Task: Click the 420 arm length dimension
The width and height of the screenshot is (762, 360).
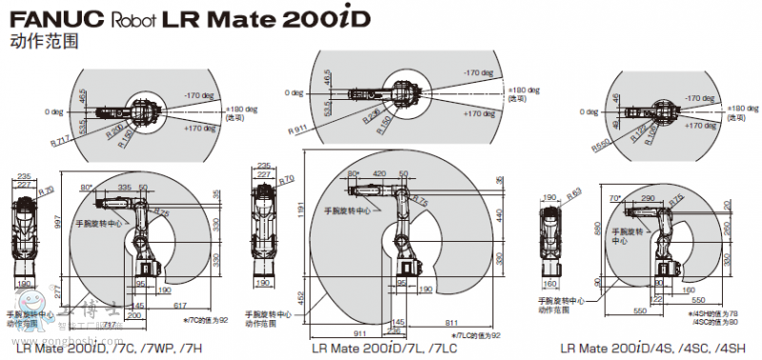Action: tap(380, 174)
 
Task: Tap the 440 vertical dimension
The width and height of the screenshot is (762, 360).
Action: tap(498, 213)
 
